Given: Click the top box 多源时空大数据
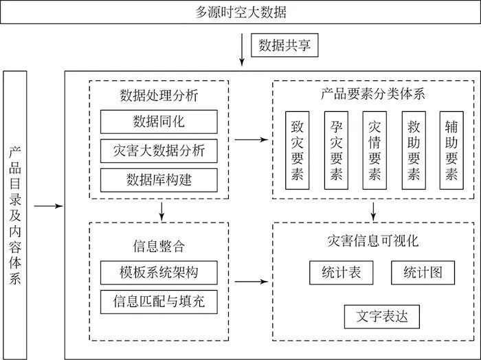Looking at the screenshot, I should (x=240, y=12).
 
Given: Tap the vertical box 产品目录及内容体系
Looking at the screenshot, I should (x=15, y=214).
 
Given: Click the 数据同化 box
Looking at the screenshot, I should (x=159, y=122).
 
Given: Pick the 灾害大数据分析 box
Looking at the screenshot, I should (x=159, y=150).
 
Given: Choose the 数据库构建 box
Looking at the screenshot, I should (x=159, y=179).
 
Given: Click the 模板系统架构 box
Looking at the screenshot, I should (x=159, y=271).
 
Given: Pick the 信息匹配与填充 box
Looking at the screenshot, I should (x=159, y=300).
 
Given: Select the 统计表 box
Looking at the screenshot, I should (x=341, y=272).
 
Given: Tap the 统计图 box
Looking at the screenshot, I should (x=422, y=272).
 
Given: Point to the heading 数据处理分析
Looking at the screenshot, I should (x=159, y=95).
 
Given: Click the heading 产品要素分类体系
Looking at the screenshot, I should (x=373, y=94).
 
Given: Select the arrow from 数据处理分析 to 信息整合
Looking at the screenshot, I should (x=160, y=210).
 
